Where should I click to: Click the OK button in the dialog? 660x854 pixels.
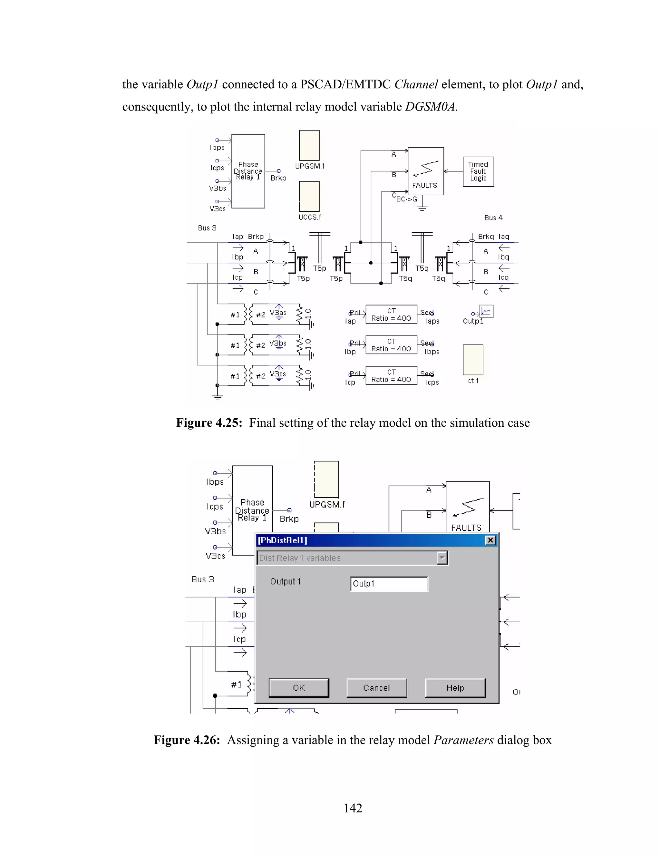tap(299, 688)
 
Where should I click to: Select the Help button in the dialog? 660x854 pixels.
tap(455, 688)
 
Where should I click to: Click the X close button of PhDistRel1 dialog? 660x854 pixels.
tap(490, 540)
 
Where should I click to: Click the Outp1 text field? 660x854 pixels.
tap(389, 584)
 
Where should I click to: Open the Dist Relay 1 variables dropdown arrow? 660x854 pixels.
tap(442, 558)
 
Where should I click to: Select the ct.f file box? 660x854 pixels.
tap(473, 360)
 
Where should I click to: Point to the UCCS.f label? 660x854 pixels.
tap(310, 217)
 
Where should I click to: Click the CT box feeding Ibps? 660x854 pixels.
tap(391, 345)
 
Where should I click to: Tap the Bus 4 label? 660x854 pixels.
tap(493, 218)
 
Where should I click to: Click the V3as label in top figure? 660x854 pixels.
tap(278, 312)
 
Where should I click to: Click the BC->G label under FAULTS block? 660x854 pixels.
tap(407, 199)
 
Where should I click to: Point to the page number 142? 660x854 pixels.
tap(353, 808)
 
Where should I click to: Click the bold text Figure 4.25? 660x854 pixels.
tap(209, 423)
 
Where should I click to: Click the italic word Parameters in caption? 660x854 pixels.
tap(463, 740)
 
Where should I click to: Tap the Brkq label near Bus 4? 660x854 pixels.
tap(486, 237)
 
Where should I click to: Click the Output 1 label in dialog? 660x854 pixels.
tap(286, 581)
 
